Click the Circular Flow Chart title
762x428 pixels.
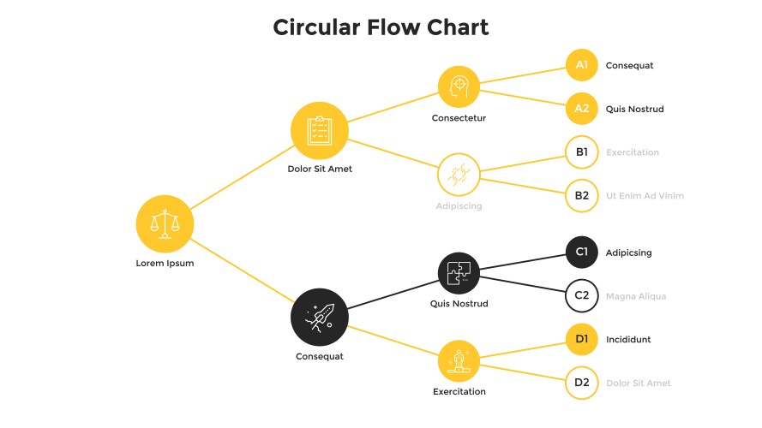tap(381, 27)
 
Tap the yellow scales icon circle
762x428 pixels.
tap(165, 224)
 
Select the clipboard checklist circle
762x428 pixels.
tap(319, 131)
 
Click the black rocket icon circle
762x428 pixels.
tap(319, 317)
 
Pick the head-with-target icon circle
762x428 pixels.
tap(459, 86)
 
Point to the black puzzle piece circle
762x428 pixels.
tap(459, 273)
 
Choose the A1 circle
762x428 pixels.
tap(581, 65)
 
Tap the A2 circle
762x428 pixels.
tap(581, 109)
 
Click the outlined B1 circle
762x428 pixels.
tap(581, 152)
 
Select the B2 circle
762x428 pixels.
tap(581, 196)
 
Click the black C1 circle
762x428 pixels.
tap(581, 253)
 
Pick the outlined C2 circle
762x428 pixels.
tap(581, 296)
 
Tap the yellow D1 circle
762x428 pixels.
tap(581, 340)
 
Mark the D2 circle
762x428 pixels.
tap(581, 383)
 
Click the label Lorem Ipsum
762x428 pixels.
tap(165, 264)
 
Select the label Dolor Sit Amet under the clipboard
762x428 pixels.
tap(320, 169)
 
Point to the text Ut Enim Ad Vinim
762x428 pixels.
tap(645, 196)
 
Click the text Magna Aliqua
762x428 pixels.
tap(635, 296)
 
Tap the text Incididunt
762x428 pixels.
tap(627, 340)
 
